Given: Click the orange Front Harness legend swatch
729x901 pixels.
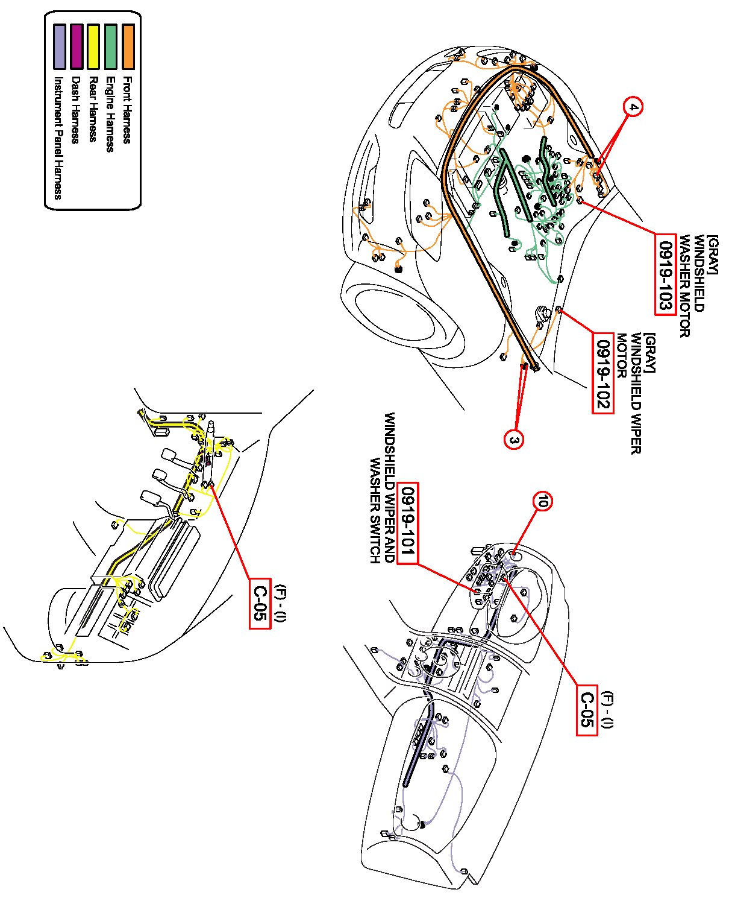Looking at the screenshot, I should point(128,46).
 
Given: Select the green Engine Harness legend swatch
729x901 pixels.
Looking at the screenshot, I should point(111,46).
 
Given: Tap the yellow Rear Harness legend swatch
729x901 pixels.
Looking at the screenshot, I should point(93,46).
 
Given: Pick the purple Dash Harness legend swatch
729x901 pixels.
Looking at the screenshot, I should point(77,46).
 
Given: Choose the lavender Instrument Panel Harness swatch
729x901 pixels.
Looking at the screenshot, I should point(59,46).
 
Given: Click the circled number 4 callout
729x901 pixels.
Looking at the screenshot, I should point(633,107).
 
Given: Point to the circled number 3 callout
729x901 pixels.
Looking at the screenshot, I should point(513,440).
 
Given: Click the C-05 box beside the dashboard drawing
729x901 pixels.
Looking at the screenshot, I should point(587,710).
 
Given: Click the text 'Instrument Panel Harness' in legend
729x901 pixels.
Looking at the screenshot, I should point(58,138).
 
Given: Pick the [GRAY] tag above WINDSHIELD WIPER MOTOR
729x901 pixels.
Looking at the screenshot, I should point(649,352).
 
